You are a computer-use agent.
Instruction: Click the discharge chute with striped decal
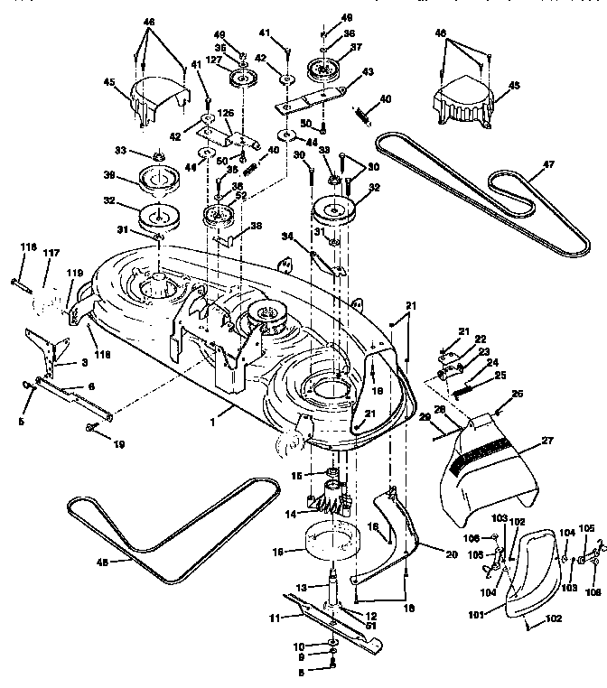point(488,470)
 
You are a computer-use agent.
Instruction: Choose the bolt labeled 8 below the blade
point(332,668)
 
